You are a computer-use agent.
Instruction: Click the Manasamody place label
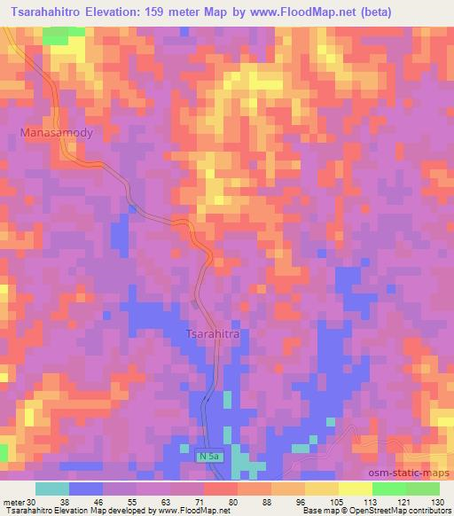(57, 132)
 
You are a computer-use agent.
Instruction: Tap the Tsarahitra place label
(213, 334)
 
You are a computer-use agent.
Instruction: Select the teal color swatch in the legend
(51, 489)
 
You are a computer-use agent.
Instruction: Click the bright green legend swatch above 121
(389, 489)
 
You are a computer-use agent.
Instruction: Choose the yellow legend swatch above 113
(356, 489)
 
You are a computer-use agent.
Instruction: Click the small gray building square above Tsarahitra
(196, 304)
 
